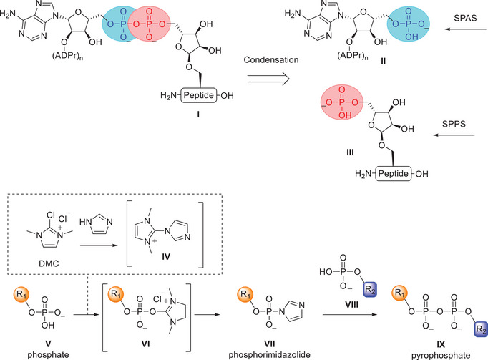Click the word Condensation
[271, 60]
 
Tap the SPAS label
[465, 18]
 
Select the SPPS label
[454, 124]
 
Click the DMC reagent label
[49, 263]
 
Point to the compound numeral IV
[166, 257]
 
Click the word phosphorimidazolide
[270, 355]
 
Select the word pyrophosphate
[441, 355]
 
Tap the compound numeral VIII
[351, 304]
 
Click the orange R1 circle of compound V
[21, 294]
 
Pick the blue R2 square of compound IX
[481, 330]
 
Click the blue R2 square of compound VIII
[370, 289]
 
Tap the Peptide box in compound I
[198, 95]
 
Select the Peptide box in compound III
[393, 173]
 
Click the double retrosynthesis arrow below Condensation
[268, 79]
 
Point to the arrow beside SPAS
[465, 29]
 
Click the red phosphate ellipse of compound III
[342, 103]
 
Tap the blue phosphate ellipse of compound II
[409, 24]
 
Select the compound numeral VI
[146, 344]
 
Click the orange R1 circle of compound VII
[245, 294]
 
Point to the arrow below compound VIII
[350, 314]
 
